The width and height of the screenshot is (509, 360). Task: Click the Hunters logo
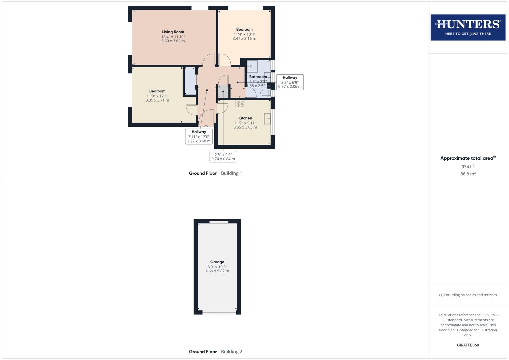click(468, 27)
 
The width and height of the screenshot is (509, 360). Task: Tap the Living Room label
click(173, 32)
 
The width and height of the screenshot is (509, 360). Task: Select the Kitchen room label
click(245, 118)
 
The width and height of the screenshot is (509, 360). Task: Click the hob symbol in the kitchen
click(240, 104)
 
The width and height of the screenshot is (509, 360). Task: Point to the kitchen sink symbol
click(267, 119)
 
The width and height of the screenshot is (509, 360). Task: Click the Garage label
click(217, 262)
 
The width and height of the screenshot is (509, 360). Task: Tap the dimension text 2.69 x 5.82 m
click(217, 271)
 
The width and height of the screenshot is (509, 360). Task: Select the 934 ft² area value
click(468, 166)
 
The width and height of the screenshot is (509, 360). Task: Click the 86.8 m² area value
click(468, 174)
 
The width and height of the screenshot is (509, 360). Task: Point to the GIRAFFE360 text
click(468, 345)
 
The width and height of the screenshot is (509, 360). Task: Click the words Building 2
click(231, 351)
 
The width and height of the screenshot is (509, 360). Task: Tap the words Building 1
click(231, 173)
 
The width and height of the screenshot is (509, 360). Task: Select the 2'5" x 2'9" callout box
click(223, 157)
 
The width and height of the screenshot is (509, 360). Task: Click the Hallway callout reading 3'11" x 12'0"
click(199, 136)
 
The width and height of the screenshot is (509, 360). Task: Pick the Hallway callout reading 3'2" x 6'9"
click(290, 82)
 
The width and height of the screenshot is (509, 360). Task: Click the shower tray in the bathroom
click(252, 66)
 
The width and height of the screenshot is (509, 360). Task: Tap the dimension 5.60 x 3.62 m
click(173, 41)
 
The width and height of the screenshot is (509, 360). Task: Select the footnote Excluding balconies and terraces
click(468, 295)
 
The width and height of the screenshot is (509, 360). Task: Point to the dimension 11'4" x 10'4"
click(244, 34)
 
